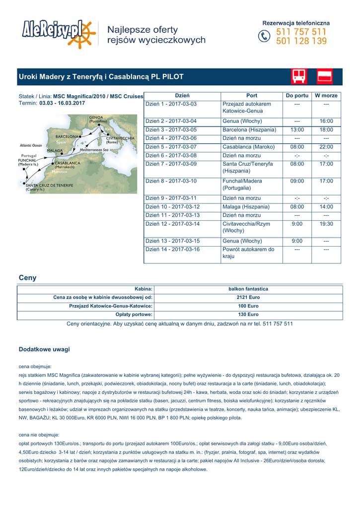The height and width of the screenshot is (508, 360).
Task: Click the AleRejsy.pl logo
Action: [x=58, y=33]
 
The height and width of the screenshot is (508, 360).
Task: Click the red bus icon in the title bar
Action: [x=299, y=76]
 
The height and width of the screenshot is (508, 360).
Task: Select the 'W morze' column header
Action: [x=326, y=95]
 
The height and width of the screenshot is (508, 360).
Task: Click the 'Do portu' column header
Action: [x=297, y=95]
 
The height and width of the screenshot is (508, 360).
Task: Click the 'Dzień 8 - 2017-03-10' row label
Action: [x=171, y=181]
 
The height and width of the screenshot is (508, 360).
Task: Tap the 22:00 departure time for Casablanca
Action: [x=326, y=147]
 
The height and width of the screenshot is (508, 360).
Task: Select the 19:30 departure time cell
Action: [x=326, y=224]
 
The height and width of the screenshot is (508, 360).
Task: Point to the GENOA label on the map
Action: [x=96, y=118]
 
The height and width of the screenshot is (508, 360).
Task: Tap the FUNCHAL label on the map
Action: [x=28, y=160]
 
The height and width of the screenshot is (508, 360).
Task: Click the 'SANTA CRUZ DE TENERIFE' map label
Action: [x=50, y=185]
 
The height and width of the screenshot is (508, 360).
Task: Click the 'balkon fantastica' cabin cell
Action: [x=248, y=289]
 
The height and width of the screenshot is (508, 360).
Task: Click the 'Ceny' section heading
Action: [x=27, y=278]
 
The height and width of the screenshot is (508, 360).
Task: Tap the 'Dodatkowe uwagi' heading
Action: [x=44, y=349]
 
